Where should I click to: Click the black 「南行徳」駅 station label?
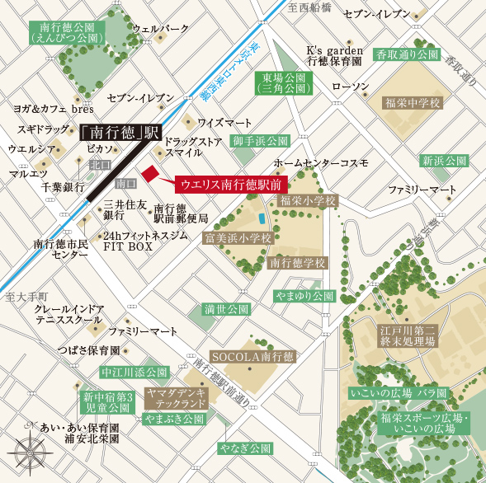tap(120, 132)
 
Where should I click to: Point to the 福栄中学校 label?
tap(413, 103)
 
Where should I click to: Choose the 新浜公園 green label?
tap(444, 161)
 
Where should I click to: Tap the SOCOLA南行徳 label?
tap(252, 357)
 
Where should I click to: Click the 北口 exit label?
tap(100, 165)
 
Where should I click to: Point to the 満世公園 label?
tap(226, 310)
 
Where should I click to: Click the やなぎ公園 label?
tap(244, 449)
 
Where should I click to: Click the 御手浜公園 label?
tap(259, 141)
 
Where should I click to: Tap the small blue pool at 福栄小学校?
tap(262, 219)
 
